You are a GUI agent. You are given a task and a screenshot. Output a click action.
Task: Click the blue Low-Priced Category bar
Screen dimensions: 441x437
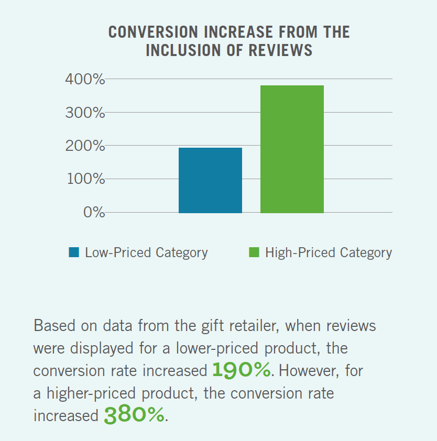click(210, 180)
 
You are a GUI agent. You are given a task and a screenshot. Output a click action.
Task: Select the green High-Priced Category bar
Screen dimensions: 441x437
click(292, 149)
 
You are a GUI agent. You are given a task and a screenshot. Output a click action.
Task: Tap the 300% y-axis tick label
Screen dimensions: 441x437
click(85, 113)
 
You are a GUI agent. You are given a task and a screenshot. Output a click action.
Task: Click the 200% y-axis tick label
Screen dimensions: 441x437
click(85, 146)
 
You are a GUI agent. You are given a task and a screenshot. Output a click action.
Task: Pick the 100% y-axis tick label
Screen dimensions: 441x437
click(85, 179)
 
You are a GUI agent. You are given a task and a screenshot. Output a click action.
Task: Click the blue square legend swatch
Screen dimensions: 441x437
click(74, 253)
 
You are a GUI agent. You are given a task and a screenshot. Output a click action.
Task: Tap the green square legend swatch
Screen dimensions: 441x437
click(254, 253)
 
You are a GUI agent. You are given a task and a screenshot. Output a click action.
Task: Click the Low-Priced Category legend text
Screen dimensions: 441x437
click(146, 253)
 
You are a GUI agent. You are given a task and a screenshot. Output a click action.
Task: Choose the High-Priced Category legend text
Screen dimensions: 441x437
click(329, 253)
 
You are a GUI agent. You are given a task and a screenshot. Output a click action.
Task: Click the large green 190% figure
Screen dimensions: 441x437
click(242, 370)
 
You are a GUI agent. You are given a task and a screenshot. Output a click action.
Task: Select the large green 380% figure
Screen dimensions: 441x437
click(134, 415)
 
